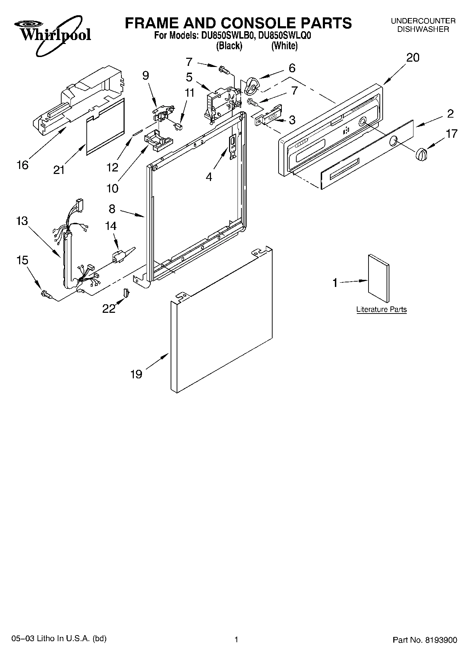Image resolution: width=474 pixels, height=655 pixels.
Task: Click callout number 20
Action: [x=412, y=57]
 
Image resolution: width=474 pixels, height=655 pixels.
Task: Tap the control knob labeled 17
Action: [x=420, y=155]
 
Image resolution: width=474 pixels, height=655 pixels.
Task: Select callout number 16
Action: [x=23, y=165]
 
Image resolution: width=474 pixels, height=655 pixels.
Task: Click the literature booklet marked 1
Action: [x=378, y=275]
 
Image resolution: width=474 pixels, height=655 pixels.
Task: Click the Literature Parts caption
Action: [x=381, y=309]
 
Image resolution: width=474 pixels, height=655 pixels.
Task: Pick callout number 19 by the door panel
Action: [x=136, y=374]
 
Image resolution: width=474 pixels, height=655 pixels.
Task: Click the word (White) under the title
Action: [x=284, y=46]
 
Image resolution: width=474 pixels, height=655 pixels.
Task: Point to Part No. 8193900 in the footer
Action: [x=425, y=640]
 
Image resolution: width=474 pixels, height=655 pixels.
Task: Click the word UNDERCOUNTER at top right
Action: [x=423, y=21]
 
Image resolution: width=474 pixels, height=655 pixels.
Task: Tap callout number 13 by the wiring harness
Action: [x=22, y=221]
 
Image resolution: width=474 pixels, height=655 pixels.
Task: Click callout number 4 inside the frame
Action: [x=209, y=176]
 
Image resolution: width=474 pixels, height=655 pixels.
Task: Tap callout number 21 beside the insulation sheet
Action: [x=59, y=170]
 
